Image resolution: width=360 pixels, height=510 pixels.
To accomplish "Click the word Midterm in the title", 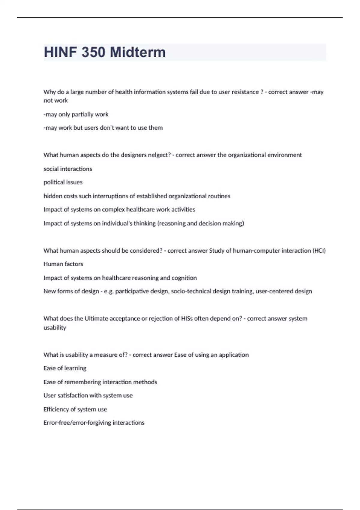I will [x=138, y=52].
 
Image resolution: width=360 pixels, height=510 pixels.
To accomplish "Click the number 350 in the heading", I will [x=93, y=52].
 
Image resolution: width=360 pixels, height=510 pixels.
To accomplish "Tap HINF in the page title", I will [x=60, y=52].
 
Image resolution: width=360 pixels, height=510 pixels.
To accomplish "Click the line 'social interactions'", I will [x=68, y=169].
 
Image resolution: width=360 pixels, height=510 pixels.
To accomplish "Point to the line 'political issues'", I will [x=63, y=182].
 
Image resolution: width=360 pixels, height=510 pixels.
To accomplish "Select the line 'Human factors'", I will [x=63, y=264].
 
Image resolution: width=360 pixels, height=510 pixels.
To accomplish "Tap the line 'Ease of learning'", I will [x=65, y=368].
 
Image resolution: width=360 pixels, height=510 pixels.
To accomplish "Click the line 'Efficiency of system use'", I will [x=75, y=409].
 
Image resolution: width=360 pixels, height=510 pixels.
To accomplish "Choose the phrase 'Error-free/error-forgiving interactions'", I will [x=94, y=423].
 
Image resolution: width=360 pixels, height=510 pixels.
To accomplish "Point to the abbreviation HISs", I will [x=187, y=319].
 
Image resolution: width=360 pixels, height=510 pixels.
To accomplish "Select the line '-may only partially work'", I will [x=76, y=115].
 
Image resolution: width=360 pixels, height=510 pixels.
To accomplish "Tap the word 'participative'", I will [x=132, y=291].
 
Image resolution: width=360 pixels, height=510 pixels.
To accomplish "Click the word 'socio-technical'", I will [x=191, y=291].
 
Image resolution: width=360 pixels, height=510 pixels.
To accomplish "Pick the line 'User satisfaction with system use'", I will [x=88, y=396].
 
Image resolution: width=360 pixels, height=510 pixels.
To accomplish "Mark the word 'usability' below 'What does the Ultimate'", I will [x=55, y=328].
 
